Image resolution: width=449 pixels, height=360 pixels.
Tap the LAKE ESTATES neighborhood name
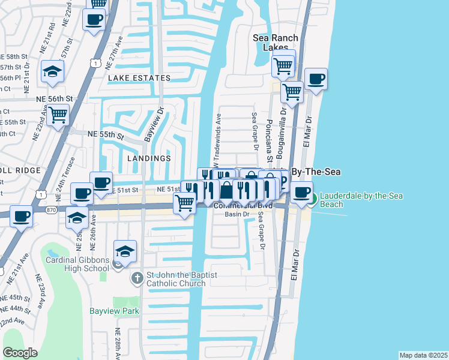coord(139,78)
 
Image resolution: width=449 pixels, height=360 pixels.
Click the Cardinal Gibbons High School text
coord(77,264)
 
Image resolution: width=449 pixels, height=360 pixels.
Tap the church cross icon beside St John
coord(137,279)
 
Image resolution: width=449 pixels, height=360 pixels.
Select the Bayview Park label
coord(114,311)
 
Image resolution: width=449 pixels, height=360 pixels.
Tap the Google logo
coord(20,352)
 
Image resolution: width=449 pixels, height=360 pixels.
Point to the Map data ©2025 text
coord(423,355)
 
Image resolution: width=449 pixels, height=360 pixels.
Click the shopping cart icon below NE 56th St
coord(58,113)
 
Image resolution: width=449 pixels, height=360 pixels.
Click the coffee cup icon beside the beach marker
coord(303,191)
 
